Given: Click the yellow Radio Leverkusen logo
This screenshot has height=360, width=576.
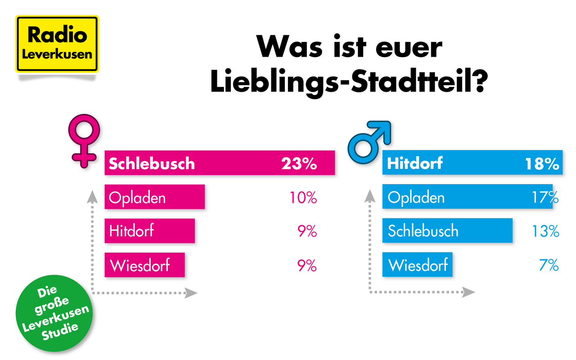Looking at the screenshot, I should coord(57,44).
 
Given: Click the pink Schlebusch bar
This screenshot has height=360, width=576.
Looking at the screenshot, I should coord(220,163).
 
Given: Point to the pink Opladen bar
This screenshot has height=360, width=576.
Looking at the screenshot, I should coord(154,197).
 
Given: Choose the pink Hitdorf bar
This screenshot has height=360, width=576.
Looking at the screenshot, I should coord(149,231).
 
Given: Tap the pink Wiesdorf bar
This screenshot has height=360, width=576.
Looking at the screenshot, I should coord(144,265).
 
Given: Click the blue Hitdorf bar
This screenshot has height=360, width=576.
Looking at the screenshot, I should coord(472,163).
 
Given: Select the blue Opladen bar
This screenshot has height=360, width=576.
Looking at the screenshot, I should coord(467,197).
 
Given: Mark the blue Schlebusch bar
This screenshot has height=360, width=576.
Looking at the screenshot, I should coord(447,231).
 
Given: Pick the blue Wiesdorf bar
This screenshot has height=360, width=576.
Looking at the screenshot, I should coord(417,265).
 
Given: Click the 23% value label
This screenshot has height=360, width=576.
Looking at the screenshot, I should coord(299,163).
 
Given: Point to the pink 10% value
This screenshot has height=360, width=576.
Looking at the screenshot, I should coord(303,198).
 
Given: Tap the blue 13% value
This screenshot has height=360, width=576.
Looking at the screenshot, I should coord(545,231).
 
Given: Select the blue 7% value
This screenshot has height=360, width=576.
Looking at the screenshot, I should coord(549,265).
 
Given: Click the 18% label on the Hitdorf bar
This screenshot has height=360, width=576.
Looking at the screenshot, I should coord(542,163).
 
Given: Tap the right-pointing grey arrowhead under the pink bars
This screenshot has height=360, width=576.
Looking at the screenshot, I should coord(192,293).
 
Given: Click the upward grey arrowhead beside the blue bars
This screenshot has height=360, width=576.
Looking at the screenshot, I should coord(370,195).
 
